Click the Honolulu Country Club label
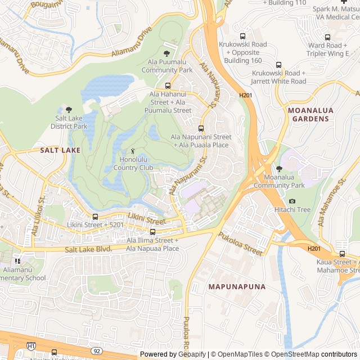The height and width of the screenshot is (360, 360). pyautogui.click(x=133, y=164)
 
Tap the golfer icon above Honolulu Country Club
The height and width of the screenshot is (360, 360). pyautogui.click(x=133, y=151)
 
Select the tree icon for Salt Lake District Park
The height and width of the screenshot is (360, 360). pyautogui.click(x=69, y=110)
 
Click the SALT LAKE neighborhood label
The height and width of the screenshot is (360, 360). pyautogui.click(x=60, y=150)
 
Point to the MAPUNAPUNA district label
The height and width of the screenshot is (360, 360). pyautogui.click(x=237, y=287)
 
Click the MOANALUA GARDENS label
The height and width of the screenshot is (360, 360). pyautogui.click(x=309, y=115)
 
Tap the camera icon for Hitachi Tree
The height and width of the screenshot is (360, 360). pyautogui.click(x=292, y=201)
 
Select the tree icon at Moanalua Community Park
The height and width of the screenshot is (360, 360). pyautogui.click(x=279, y=169)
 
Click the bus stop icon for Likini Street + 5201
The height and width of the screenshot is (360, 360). pyautogui.click(x=94, y=217)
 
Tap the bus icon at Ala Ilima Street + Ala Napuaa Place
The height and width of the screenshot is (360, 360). pyautogui.click(x=152, y=232)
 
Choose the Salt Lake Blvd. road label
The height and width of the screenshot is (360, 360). pyautogui.click(x=88, y=249)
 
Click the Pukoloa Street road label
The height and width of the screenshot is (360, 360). pyautogui.click(x=241, y=245)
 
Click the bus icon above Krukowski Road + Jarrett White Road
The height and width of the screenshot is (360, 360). pyautogui.click(x=278, y=65)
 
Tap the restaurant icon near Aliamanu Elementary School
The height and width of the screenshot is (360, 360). pyautogui.click(x=17, y=260)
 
